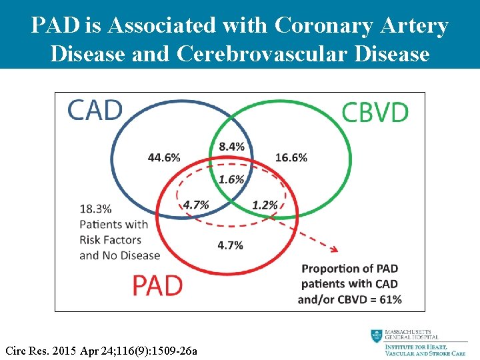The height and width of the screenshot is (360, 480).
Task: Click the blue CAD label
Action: (95, 109)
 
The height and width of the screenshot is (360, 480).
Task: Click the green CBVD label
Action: (375, 112)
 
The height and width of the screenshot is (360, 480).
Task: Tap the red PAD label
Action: (157, 285)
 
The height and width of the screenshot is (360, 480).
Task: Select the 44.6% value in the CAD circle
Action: (164, 158)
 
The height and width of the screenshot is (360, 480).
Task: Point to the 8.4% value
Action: (231, 146)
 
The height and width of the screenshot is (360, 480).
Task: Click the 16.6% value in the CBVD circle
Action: (291, 158)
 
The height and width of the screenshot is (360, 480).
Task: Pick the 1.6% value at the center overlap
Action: (231, 179)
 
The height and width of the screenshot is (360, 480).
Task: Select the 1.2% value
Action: (265, 205)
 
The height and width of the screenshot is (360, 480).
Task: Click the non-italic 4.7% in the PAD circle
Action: (230, 245)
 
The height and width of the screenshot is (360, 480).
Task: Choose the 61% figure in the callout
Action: (390, 299)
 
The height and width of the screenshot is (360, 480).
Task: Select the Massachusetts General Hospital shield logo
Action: (377, 336)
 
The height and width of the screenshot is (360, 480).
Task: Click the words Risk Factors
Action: (111, 239)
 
